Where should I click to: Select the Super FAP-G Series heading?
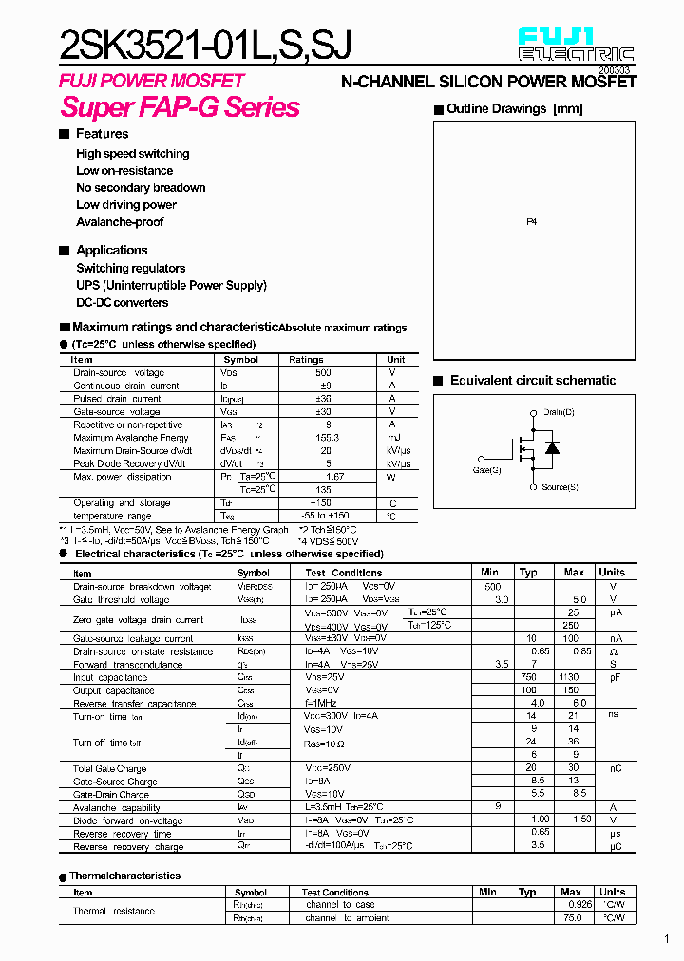point(180,107)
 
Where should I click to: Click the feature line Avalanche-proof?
point(120,222)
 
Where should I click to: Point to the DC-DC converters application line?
point(123,303)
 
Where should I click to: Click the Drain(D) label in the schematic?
point(559,412)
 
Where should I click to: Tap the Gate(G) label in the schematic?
point(486,469)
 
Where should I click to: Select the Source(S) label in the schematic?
point(560,487)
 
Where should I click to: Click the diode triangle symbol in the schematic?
point(552,448)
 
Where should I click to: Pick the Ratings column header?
point(306,360)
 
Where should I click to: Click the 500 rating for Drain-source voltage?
point(323,373)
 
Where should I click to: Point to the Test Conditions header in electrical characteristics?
point(344,573)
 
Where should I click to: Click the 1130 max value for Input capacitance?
point(571,678)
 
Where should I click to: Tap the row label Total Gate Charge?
point(110,768)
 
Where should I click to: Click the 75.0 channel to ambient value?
point(573,918)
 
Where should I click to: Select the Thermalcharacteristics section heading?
point(124,876)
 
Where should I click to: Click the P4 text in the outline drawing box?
point(531,221)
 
